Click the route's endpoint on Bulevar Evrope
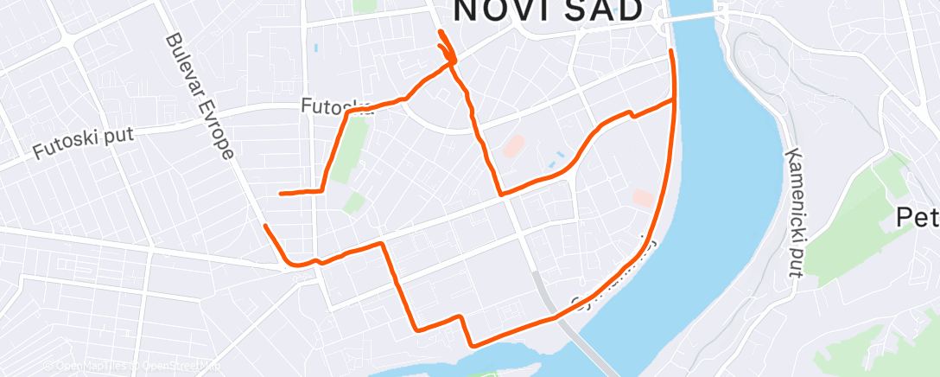click(265, 227)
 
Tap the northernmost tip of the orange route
click(441, 32)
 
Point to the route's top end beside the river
click(672, 52)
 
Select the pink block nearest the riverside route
click(642, 198)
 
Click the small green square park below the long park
click(352, 204)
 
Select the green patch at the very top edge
click(365, 5)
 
